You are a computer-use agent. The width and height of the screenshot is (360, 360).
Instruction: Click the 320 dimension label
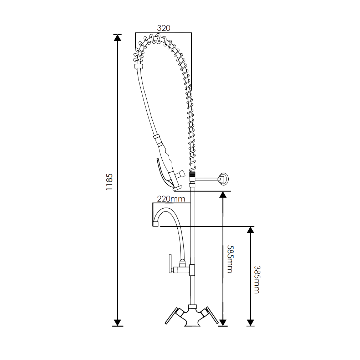pyautogui.click(x=163, y=28)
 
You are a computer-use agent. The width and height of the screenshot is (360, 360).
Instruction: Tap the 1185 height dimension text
pyautogui.click(x=110, y=182)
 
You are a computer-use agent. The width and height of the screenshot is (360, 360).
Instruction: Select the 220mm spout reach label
pyautogui.click(x=171, y=199)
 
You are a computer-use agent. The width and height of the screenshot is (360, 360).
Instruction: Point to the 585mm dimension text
pyautogui.click(x=230, y=259)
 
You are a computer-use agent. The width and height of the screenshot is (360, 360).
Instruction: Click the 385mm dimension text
pyautogui.click(x=257, y=279)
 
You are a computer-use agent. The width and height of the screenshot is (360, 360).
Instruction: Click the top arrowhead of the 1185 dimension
pyautogui.click(x=118, y=38)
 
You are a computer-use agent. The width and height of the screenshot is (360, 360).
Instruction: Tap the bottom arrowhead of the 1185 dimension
pyautogui.click(x=118, y=323)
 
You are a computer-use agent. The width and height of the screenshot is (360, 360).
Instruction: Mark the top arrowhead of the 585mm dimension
pyautogui.click(x=223, y=195)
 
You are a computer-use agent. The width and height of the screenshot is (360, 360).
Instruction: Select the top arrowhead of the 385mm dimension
pyautogui.click(x=250, y=230)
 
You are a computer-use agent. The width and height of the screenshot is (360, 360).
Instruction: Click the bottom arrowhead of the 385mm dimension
pyautogui.click(x=250, y=323)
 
